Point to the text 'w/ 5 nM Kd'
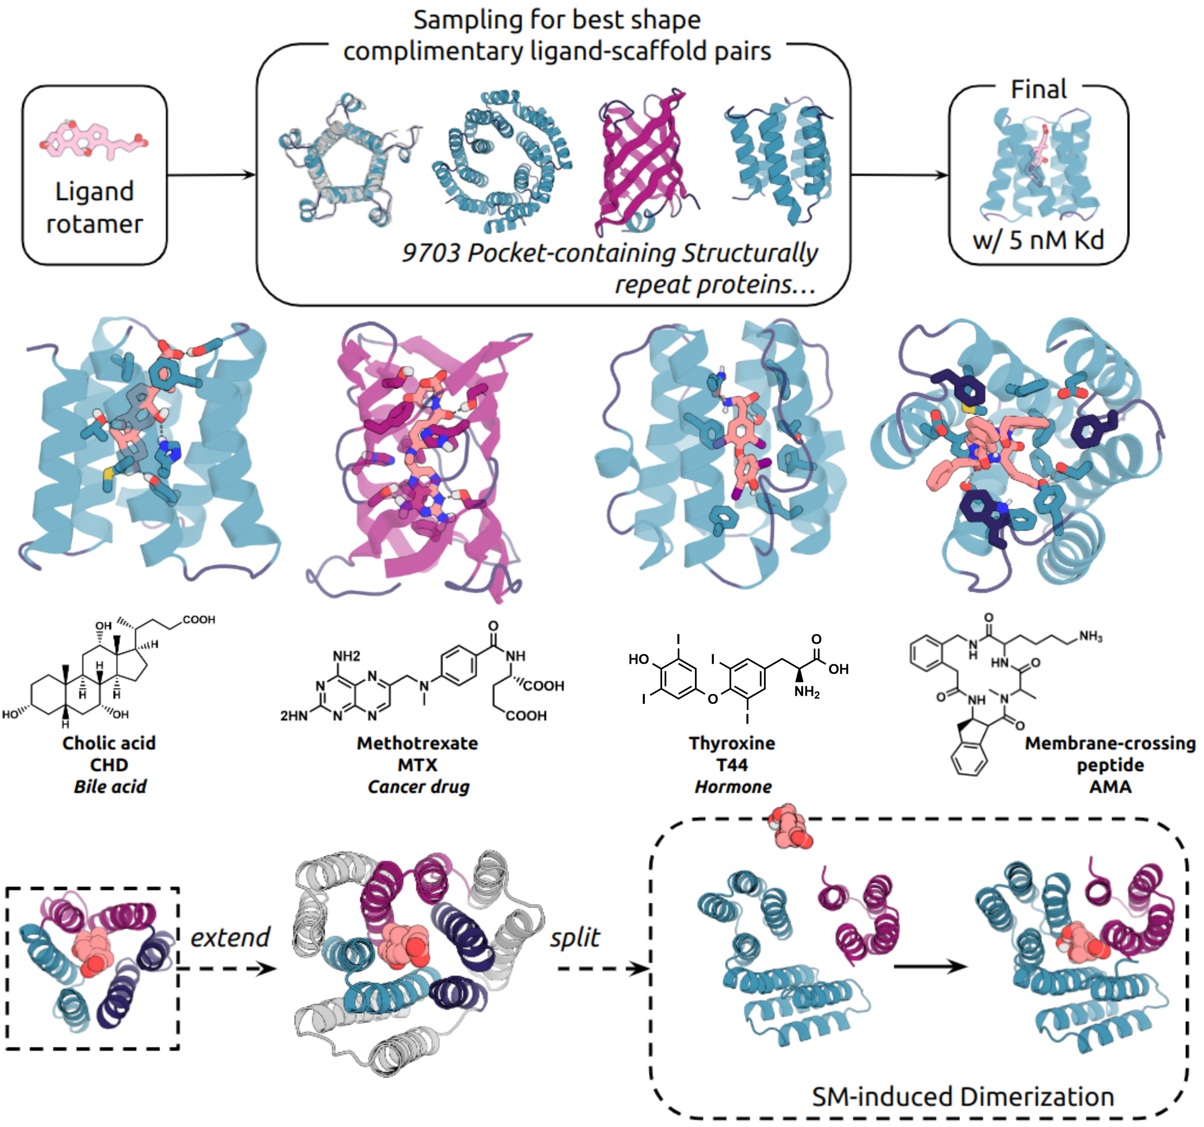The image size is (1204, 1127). (x=1038, y=240)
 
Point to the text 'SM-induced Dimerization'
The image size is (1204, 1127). (x=963, y=1097)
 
